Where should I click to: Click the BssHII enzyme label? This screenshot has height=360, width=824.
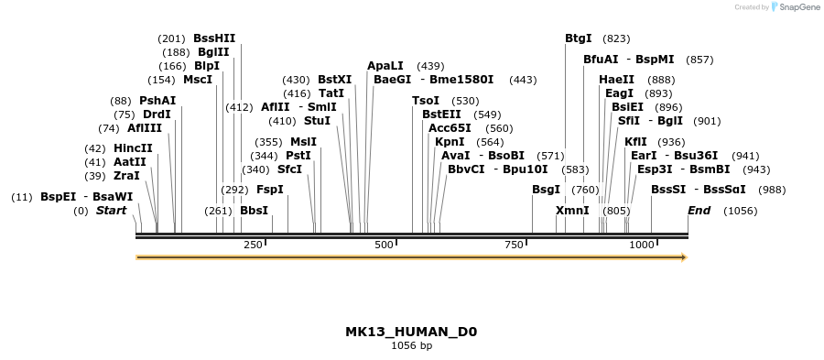click(x=214, y=38)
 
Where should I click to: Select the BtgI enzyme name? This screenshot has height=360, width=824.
click(x=578, y=38)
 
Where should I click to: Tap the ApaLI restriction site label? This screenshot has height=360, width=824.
click(x=385, y=66)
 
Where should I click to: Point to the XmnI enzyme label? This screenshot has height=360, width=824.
click(x=572, y=211)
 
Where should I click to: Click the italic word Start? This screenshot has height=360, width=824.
click(x=111, y=211)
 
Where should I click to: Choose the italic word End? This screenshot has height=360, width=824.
click(x=699, y=211)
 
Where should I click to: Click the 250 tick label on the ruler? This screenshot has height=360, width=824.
click(x=254, y=245)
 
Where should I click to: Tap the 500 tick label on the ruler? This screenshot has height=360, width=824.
click(x=384, y=245)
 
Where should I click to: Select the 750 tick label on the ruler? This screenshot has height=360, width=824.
click(x=515, y=245)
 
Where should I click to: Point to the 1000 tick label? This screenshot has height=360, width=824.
click(x=642, y=245)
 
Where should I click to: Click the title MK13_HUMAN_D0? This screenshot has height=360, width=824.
click(x=411, y=332)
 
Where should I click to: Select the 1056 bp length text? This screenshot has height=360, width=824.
click(x=411, y=346)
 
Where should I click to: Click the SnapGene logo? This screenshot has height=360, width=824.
click(x=793, y=7)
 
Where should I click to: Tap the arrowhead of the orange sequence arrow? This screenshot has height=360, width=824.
click(x=683, y=257)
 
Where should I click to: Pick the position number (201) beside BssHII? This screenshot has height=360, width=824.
click(x=171, y=38)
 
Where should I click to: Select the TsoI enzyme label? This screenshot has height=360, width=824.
click(x=426, y=101)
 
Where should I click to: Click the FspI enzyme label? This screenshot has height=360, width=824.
click(x=269, y=190)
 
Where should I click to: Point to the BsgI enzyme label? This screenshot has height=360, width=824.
click(x=546, y=190)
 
